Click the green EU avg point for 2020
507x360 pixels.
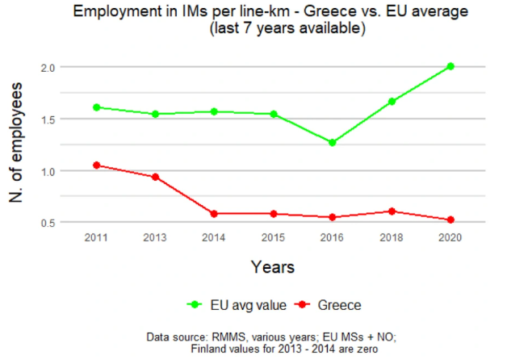tap(450, 66)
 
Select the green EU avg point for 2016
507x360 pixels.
tap(333, 143)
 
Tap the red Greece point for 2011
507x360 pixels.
tap(96, 165)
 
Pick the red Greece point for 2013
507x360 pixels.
tap(155, 177)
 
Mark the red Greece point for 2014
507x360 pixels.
tap(215, 214)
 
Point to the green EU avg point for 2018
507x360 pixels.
tap(392, 102)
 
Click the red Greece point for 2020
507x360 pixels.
tap(450, 220)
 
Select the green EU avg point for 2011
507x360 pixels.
tap(96, 107)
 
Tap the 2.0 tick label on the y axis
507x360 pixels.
tap(52, 67)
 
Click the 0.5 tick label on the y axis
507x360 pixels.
tap(52, 223)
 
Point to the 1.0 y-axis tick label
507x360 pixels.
tap(52, 171)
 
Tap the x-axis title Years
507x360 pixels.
tap(272, 266)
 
